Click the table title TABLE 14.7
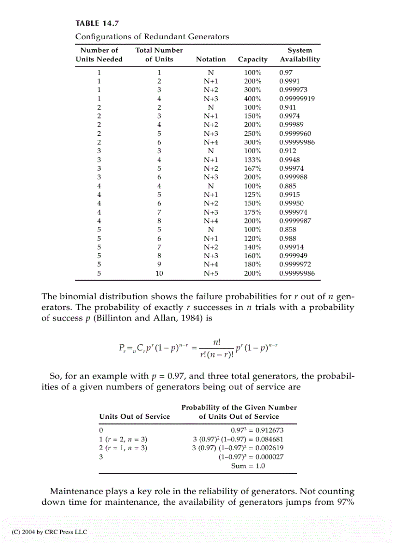97,23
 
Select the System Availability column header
300,55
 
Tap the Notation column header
211,59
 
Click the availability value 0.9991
290,81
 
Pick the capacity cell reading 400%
253,98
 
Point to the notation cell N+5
211,273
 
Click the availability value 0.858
288,229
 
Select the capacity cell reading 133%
253,160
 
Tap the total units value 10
159,273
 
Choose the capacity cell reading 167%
253,168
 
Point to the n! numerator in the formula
217,342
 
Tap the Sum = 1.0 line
248,466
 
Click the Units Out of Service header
135,416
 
